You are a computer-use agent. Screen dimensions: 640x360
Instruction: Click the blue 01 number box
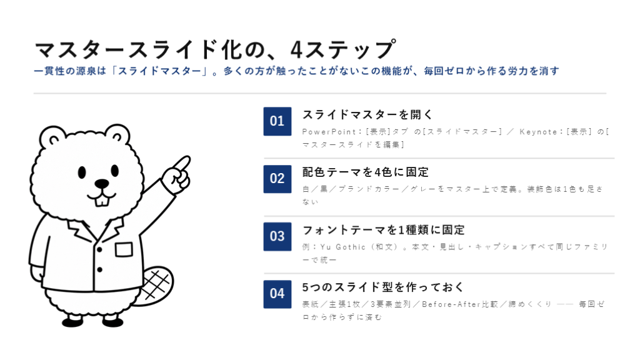pyautogui.click(x=277, y=121)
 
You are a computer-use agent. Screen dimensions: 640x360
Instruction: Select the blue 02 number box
pyautogui.click(x=277, y=179)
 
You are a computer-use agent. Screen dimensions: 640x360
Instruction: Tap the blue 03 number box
pyautogui.click(x=277, y=236)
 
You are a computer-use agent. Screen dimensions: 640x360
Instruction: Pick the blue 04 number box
pyautogui.click(x=277, y=294)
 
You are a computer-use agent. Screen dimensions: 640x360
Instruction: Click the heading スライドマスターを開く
pyautogui.click(x=367, y=115)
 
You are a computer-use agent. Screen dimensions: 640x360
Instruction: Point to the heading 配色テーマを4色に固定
pyautogui.click(x=365, y=172)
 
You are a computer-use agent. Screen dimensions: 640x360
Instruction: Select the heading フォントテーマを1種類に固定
pyautogui.click(x=383, y=230)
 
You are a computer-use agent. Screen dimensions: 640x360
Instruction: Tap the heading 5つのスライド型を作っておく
pyautogui.click(x=383, y=287)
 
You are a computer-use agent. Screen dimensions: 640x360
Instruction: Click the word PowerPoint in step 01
pyautogui.click(x=329, y=132)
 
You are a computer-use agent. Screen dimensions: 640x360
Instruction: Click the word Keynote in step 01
pyautogui.click(x=538, y=132)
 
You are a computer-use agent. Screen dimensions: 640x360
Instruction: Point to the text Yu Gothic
pyautogui.click(x=343, y=247)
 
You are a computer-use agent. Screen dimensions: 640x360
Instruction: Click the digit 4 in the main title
pyautogui.click(x=296, y=50)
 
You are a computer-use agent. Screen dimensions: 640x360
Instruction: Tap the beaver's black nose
pyautogui.click(x=102, y=183)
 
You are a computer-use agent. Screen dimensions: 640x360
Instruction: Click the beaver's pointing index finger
pyautogui.click(x=181, y=164)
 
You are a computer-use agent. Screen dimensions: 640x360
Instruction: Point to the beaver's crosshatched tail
pyautogui.click(x=155, y=285)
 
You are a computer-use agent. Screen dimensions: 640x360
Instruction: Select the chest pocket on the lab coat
pyautogui.click(x=124, y=249)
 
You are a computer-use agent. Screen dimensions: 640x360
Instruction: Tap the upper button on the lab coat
pyautogui.click(x=99, y=249)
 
